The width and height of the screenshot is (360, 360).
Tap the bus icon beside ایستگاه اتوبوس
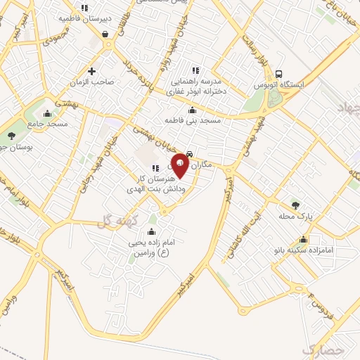[279, 74]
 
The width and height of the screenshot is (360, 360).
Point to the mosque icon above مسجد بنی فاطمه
[193, 110]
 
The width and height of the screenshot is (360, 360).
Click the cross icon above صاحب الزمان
[92, 70]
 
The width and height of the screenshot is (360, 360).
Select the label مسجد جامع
[48, 124]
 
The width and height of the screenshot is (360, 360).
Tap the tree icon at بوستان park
[11, 136]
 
